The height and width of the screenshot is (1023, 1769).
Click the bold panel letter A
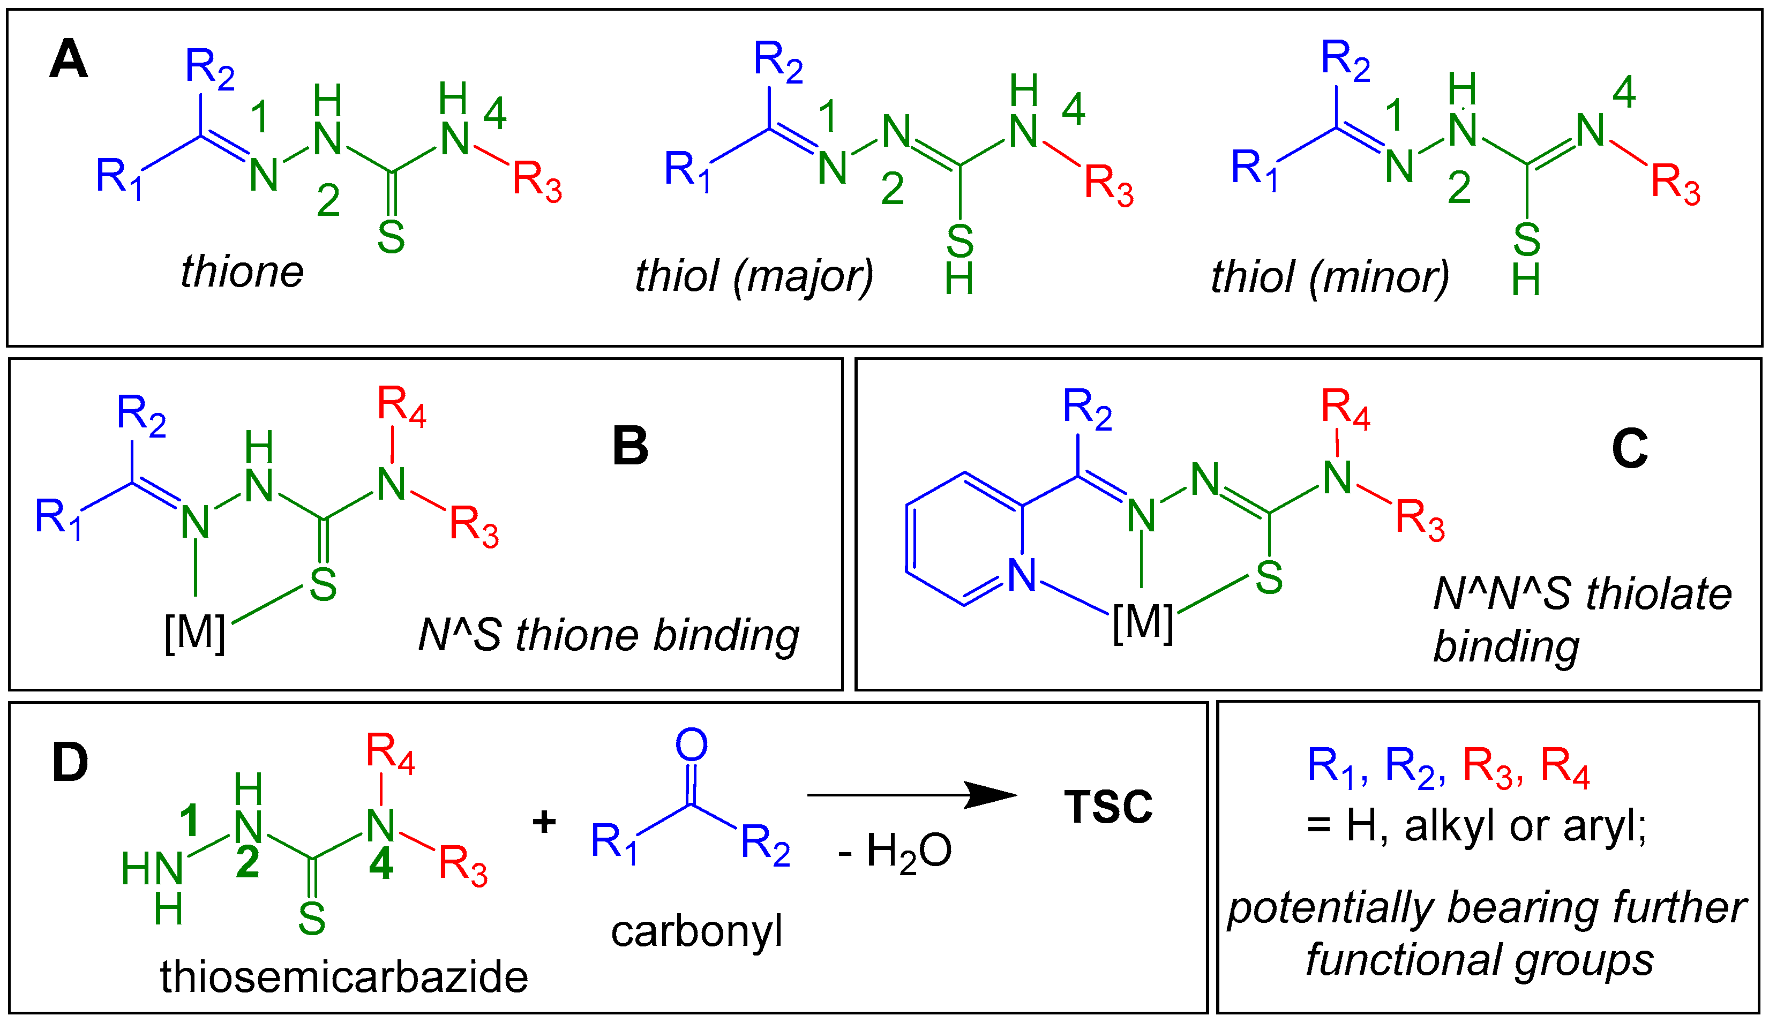[x=68, y=59]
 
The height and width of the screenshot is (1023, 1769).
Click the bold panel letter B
[x=629, y=446]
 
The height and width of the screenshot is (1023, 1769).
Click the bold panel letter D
[x=70, y=763]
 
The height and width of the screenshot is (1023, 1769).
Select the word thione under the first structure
[x=242, y=272]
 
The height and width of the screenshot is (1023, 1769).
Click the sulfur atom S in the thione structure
[x=391, y=238]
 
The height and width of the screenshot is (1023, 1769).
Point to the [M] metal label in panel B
[x=194, y=633]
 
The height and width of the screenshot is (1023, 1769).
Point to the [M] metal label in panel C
[x=1143, y=622]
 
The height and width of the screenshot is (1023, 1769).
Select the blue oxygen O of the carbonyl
[x=692, y=744]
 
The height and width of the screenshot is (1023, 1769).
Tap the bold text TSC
[x=1108, y=807]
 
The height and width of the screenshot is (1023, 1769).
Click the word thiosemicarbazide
[x=344, y=977]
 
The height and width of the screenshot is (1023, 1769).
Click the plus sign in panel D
[x=544, y=821]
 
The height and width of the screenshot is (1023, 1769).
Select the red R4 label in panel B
[x=402, y=406]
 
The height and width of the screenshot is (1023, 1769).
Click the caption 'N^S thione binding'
[x=609, y=635]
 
